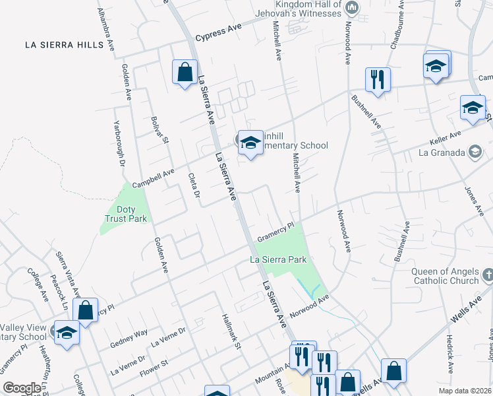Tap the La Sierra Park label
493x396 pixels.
point(278,260)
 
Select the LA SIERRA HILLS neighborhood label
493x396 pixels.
point(64,45)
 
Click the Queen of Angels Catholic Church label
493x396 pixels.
point(446,276)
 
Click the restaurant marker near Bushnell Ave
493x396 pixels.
point(378,79)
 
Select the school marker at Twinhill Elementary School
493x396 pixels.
point(250,143)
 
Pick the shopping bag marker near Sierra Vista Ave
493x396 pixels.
point(86,310)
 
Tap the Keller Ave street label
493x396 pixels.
point(446,135)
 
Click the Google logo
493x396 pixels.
point(22,388)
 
